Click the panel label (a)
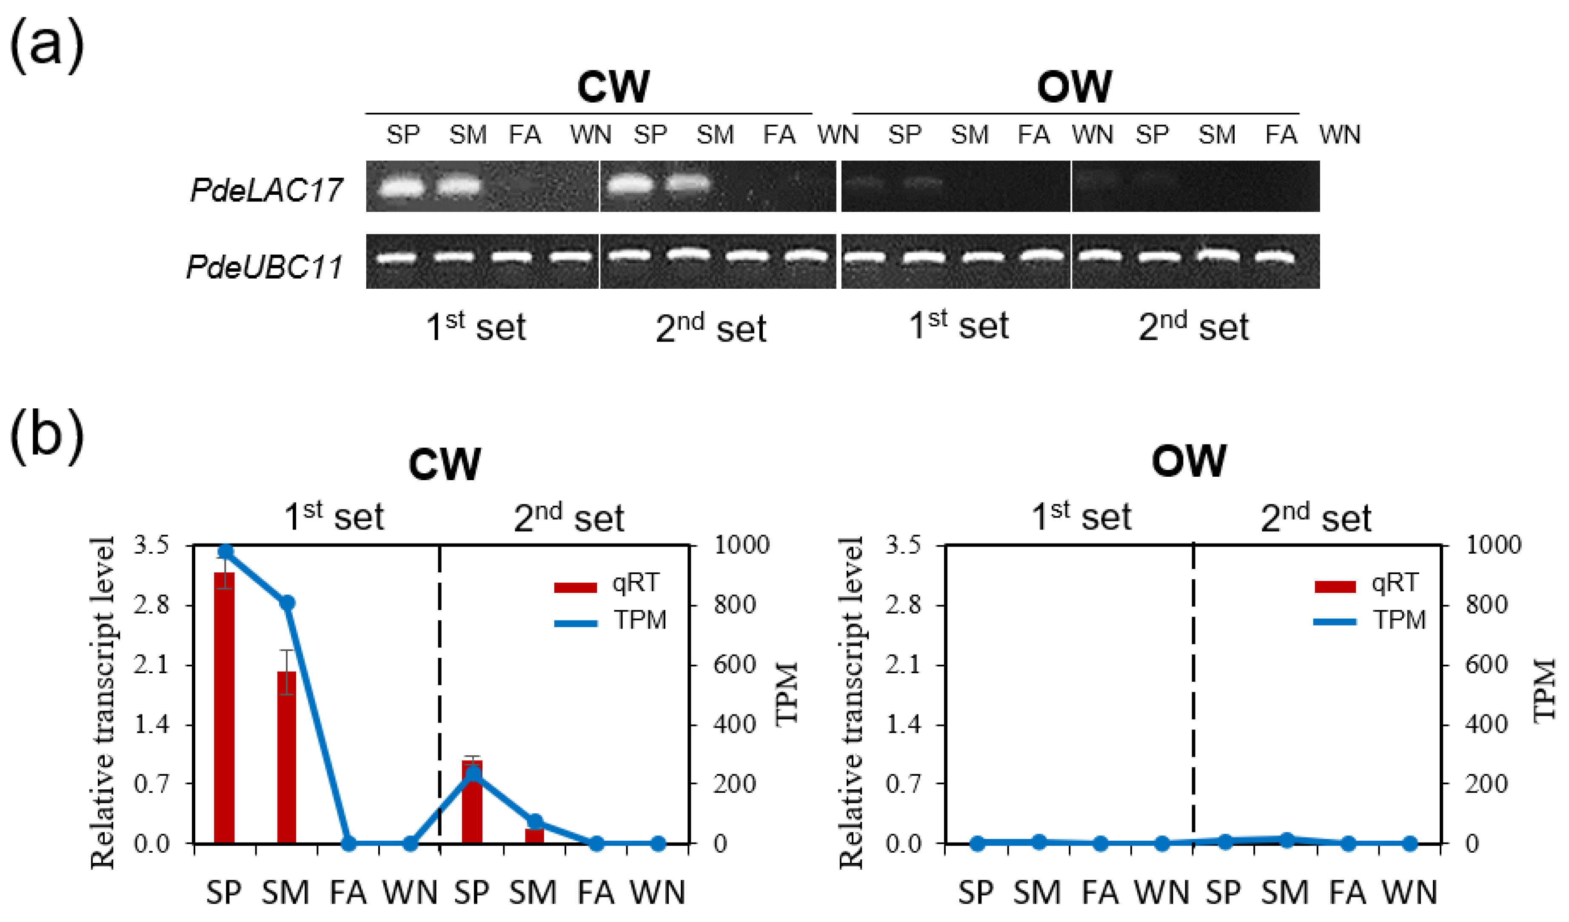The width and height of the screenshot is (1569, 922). coord(47,47)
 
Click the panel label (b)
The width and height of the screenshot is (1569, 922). coord(47,436)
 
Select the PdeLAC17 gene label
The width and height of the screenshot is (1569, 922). coord(266,190)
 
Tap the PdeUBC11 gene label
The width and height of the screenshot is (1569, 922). coord(265,267)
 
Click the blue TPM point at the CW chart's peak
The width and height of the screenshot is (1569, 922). coord(225,552)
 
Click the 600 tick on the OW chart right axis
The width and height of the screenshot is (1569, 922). coord(1486,665)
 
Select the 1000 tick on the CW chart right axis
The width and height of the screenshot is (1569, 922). coord(741,545)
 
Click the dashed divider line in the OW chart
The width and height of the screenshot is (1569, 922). coord(1193,685)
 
